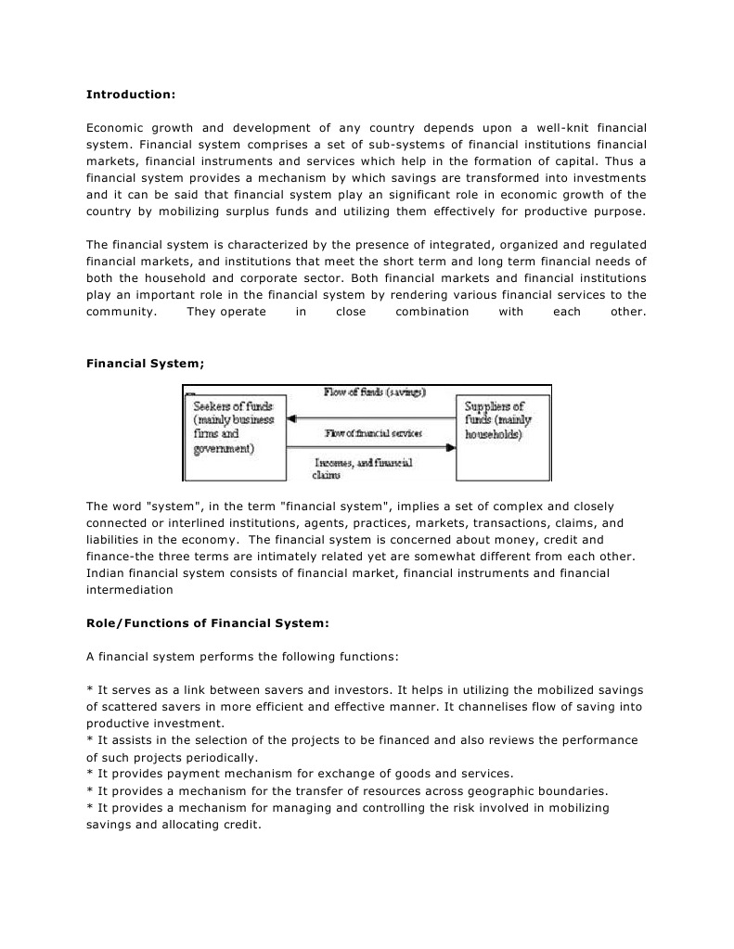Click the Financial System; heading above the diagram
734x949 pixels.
(x=144, y=365)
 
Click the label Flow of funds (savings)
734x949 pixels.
(x=374, y=392)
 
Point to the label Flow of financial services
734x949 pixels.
(x=373, y=434)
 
